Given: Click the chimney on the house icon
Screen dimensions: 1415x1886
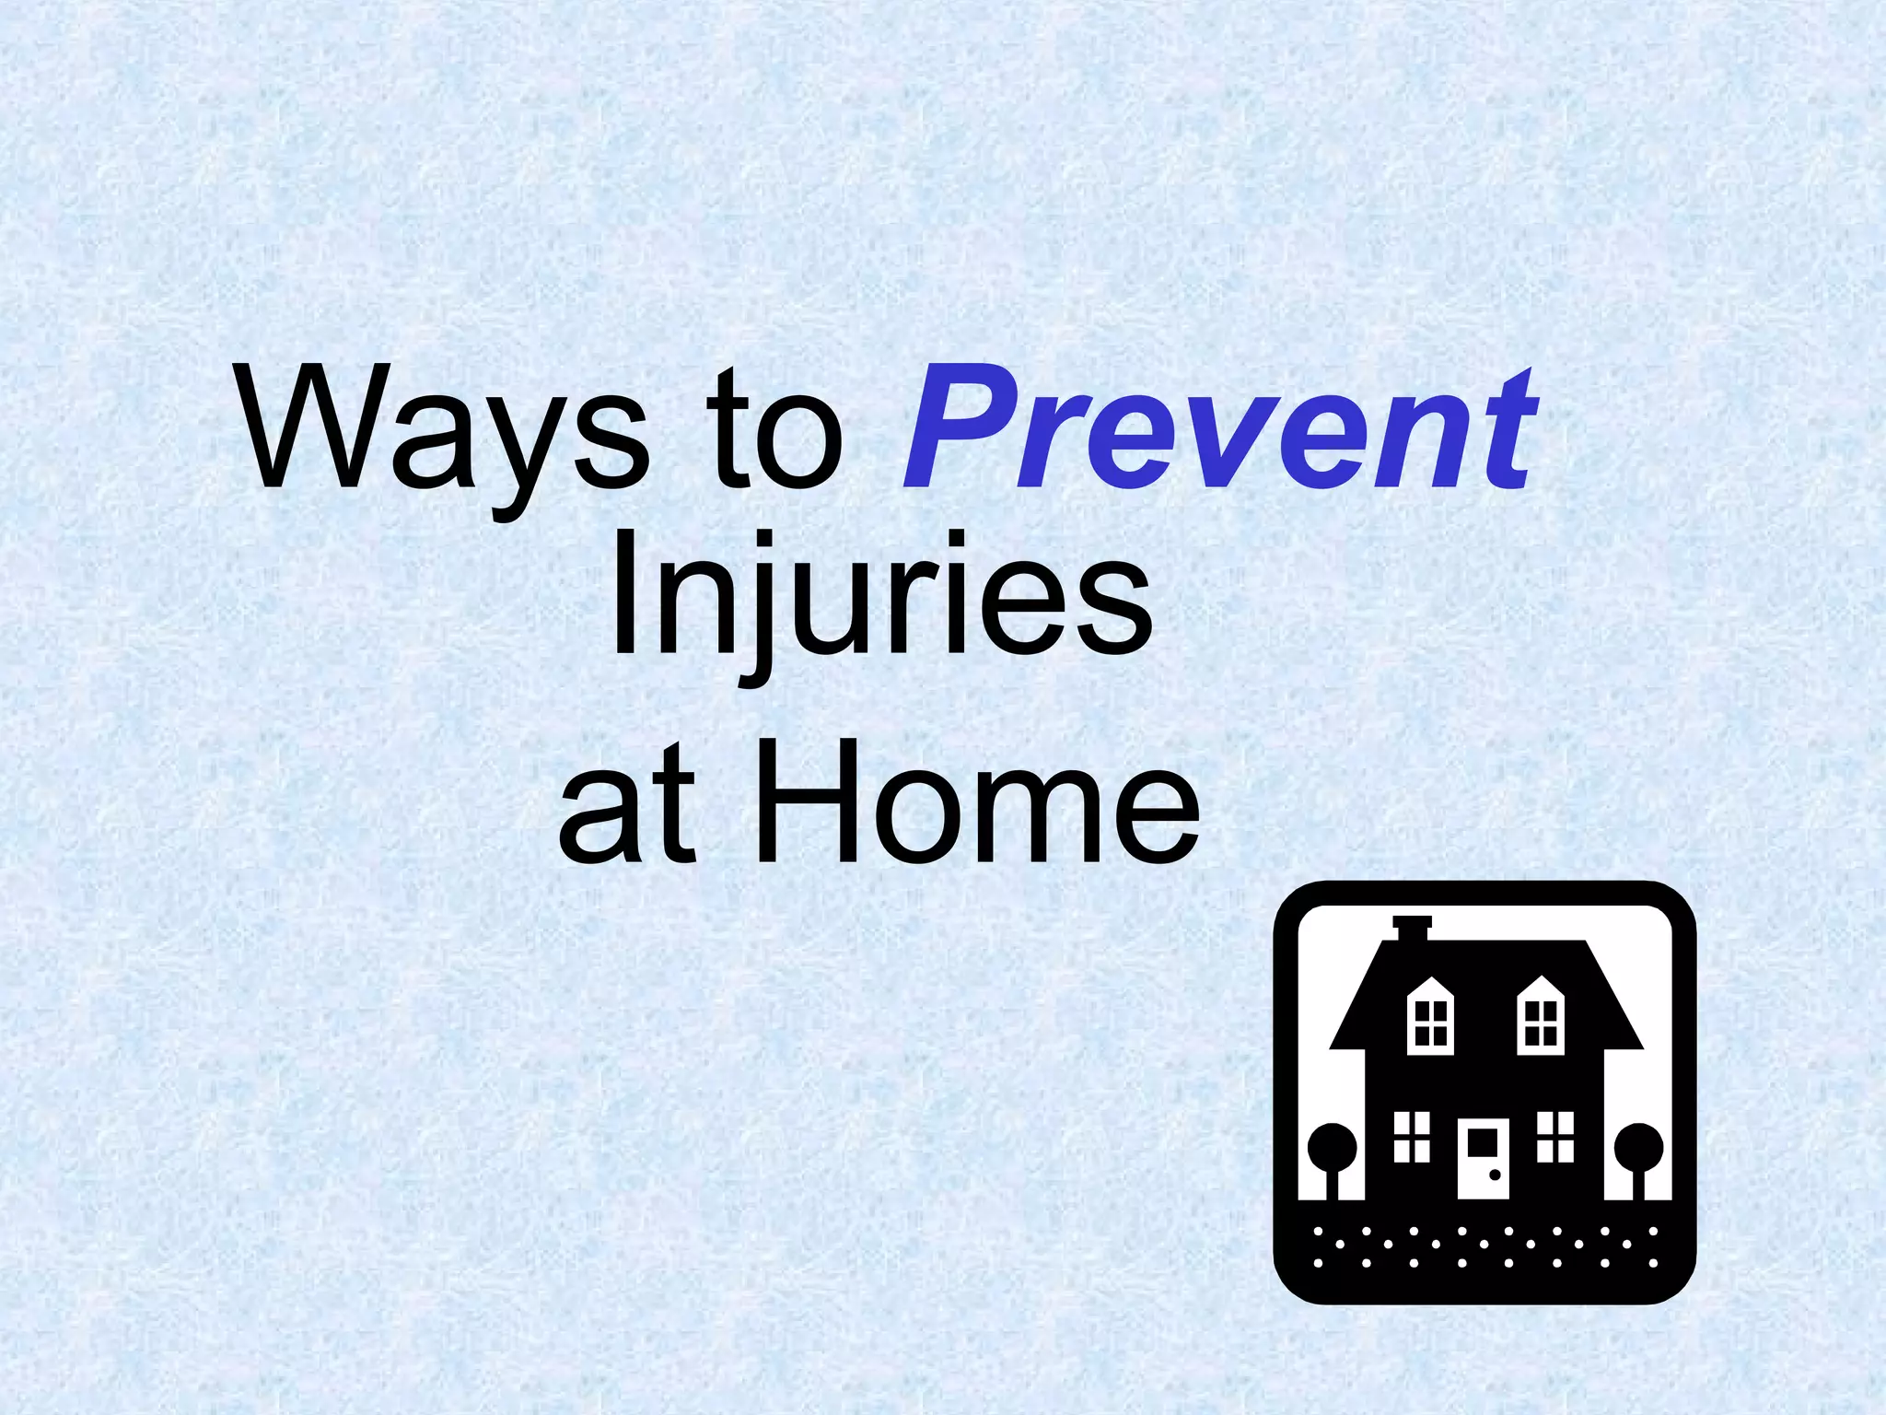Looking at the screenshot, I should tap(1411, 928).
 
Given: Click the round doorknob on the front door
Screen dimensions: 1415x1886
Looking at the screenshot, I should tap(1495, 1175).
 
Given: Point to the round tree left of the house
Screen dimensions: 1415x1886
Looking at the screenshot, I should tap(1332, 1147).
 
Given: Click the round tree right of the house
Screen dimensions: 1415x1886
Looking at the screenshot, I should tap(1639, 1147).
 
